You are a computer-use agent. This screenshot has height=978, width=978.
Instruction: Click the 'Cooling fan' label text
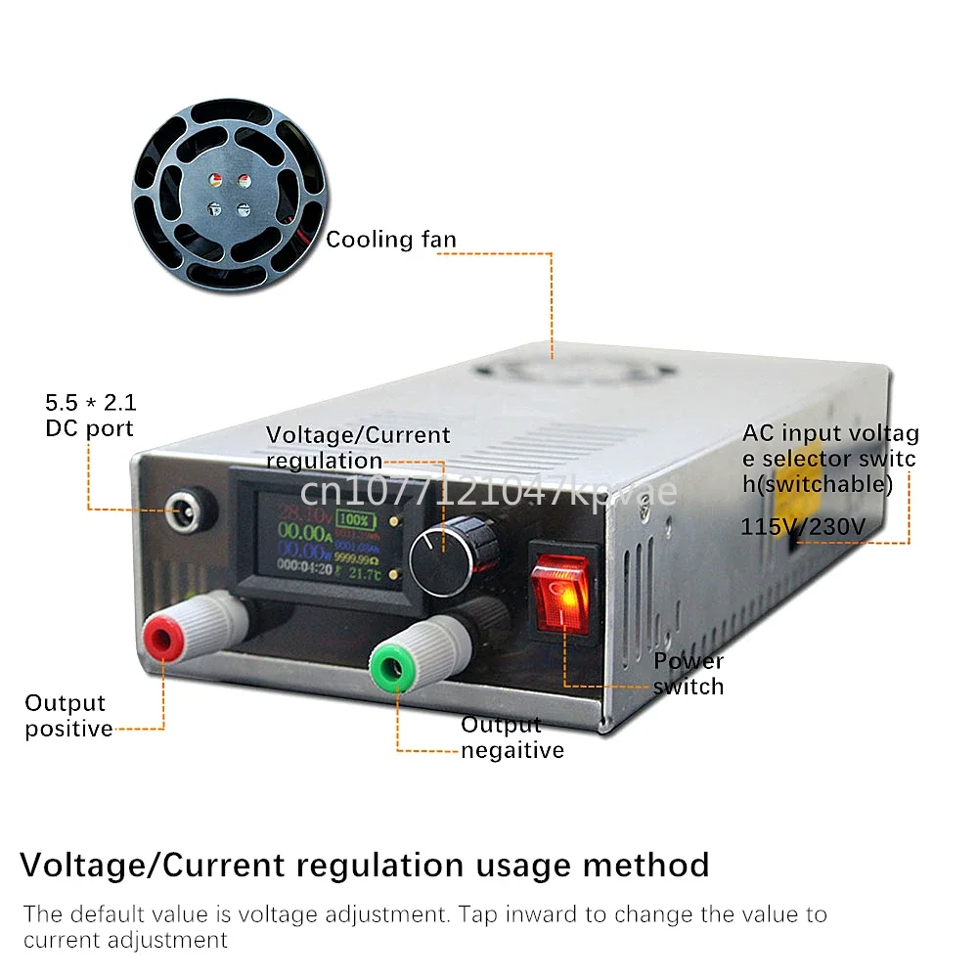tap(390, 240)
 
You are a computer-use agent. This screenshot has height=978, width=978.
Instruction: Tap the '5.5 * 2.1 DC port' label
tap(90, 415)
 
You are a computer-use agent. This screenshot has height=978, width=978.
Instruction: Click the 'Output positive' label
tap(67, 716)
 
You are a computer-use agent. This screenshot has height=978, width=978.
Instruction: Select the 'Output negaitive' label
tap(511, 737)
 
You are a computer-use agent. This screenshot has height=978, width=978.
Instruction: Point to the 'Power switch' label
tap(689, 674)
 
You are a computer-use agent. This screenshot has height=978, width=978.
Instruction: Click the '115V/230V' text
tap(803, 527)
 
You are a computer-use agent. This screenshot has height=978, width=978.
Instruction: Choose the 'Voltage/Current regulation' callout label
tap(357, 447)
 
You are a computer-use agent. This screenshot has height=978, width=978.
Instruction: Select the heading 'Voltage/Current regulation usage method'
tap(365, 865)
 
